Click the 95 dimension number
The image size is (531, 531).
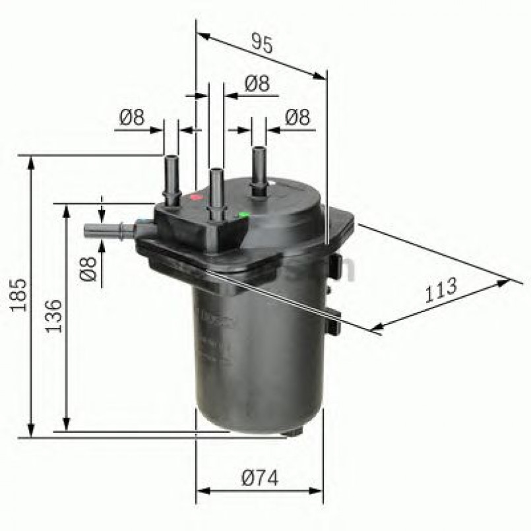[x=261, y=44]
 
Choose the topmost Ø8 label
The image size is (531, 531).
[x=257, y=83]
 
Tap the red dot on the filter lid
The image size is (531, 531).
[x=195, y=197]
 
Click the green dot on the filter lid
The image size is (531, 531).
[x=244, y=214]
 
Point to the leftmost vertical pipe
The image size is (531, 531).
[x=172, y=179]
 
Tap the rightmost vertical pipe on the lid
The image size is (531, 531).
[x=259, y=172]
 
